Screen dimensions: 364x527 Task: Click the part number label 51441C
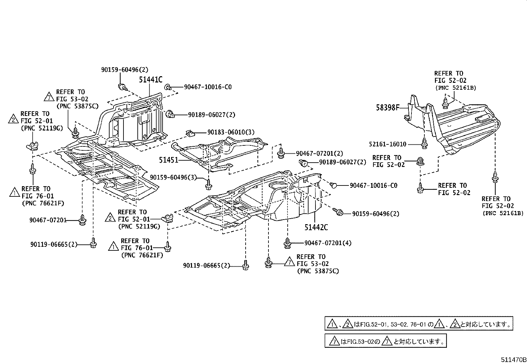[x=151, y=79]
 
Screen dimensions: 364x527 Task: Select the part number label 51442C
[x=316, y=228]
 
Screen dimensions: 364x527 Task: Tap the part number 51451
[x=168, y=160]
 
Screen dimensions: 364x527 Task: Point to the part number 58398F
[x=388, y=107]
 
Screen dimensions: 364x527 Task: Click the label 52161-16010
[x=388, y=144]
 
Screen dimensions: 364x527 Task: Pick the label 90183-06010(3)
[x=231, y=132]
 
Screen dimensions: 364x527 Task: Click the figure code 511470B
[x=513, y=359]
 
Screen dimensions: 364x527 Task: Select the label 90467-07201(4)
[x=328, y=243]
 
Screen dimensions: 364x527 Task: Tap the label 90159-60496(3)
[x=173, y=178]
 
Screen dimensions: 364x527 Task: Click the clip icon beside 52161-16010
[x=424, y=143]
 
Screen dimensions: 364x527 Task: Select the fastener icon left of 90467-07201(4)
[x=287, y=243]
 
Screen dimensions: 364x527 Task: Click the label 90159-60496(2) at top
[x=125, y=70]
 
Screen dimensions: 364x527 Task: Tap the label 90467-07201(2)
[x=319, y=154]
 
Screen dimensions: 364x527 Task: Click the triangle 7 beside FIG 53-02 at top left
[x=49, y=97]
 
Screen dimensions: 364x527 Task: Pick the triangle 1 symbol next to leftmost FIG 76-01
[x=15, y=192]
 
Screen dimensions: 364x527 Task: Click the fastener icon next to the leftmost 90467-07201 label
[x=82, y=220]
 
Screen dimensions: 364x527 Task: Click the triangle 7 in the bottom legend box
[x=334, y=341]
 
